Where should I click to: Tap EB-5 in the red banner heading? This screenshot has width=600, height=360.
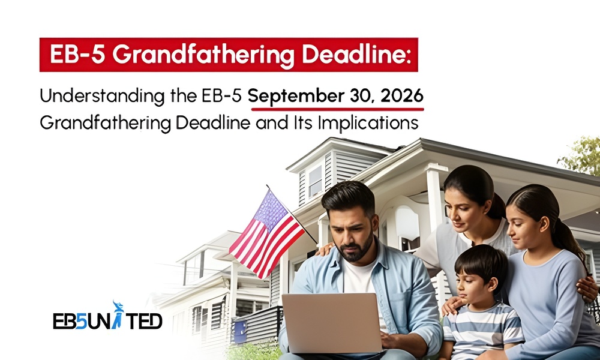77,55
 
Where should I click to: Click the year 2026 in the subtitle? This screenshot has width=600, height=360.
402,95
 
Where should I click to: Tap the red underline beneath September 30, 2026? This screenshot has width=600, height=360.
337,109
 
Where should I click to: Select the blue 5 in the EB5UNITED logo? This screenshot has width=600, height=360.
81,321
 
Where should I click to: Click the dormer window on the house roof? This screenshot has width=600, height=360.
316,181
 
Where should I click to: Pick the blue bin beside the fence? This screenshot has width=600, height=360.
240,331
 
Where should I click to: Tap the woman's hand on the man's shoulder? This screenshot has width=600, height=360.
326,249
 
